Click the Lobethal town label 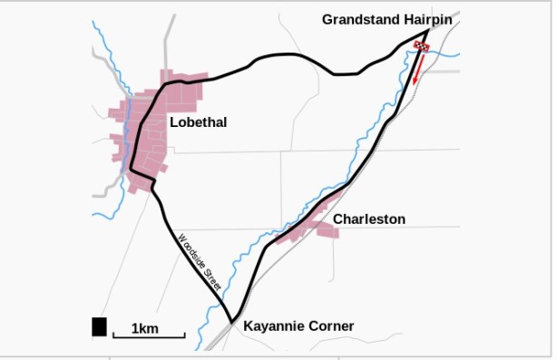pos(198,122)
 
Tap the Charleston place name pos(368,219)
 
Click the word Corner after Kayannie pos(331,326)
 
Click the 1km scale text pos(145,327)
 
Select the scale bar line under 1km pos(149,336)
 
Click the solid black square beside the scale pos(99,326)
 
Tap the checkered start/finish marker pos(421,46)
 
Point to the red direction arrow pos(418,69)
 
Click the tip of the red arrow pos(415,84)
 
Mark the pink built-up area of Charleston pos(321,226)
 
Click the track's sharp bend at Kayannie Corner pos(231,320)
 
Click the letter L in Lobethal pos(173,122)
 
